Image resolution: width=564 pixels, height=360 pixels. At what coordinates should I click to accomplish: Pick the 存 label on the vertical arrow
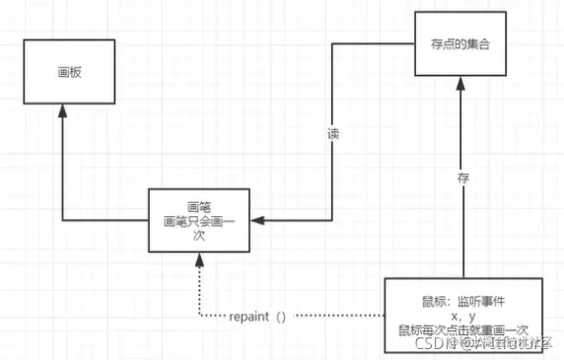[x=462, y=179]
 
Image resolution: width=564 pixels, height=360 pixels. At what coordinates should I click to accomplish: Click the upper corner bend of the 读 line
[x=331, y=44]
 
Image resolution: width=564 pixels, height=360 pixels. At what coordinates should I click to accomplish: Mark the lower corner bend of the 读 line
[x=331, y=220]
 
